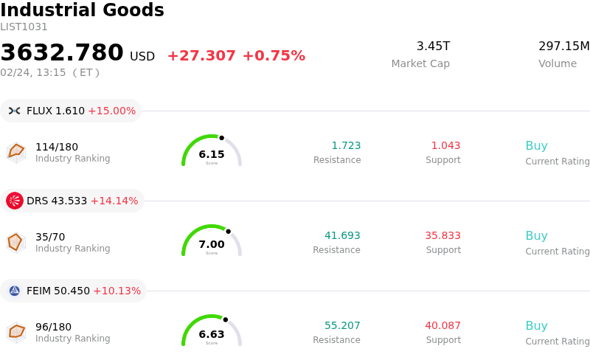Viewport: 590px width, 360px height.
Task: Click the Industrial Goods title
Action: click(x=82, y=11)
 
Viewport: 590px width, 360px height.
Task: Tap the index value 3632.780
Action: click(x=62, y=53)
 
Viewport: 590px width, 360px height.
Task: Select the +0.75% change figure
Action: click(x=274, y=56)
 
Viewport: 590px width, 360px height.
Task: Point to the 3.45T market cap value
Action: click(x=433, y=46)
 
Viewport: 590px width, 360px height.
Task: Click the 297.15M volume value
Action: click(x=563, y=46)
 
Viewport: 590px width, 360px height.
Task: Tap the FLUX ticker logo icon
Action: click(x=15, y=111)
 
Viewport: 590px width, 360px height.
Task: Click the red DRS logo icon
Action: click(x=15, y=201)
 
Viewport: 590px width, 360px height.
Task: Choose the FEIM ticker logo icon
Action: click(x=15, y=291)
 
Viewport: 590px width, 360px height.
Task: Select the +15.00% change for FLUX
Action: click(x=111, y=111)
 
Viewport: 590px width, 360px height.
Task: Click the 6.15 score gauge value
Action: click(x=212, y=154)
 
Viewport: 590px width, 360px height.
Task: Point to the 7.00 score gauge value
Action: click(x=212, y=244)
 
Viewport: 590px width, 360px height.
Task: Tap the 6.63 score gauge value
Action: click(x=212, y=334)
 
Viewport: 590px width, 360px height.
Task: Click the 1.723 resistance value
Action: click(x=346, y=146)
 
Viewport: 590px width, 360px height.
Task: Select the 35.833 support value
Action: click(x=442, y=236)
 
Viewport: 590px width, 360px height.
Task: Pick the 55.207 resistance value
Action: click(x=342, y=326)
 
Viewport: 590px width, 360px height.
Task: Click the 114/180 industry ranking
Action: click(x=57, y=147)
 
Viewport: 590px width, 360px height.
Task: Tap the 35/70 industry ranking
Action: click(x=50, y=237)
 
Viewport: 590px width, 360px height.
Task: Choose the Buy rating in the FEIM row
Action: click(x=536, y=326)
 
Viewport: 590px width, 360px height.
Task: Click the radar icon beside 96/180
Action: click(x=16, y=333)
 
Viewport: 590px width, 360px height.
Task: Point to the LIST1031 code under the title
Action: click(x=24, y=27)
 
